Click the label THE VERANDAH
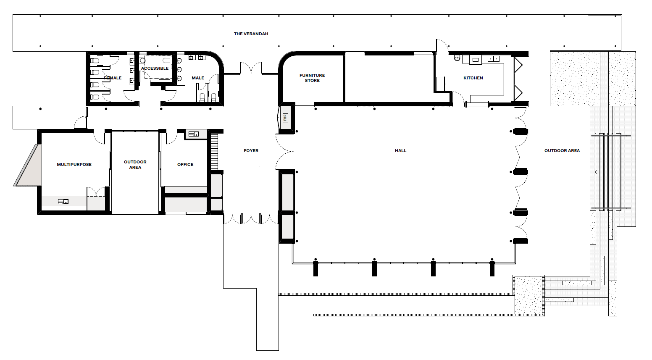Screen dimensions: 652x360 click(251, 34)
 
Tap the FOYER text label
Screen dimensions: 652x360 click(251, 150)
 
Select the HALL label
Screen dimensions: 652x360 click(400, 150)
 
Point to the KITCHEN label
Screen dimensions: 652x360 click(473, 78)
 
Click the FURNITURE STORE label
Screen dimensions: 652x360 click(312, 78)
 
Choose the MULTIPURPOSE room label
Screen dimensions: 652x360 click(74, 164)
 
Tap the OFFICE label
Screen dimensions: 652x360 click(185, 164)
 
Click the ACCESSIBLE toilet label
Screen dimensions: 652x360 click(155, 68)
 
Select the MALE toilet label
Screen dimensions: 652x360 click(198, 78)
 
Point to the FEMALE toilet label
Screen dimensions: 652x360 click(113, 78)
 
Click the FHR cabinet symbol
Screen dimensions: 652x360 click(285, 118)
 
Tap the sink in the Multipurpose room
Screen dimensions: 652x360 click(63, 201)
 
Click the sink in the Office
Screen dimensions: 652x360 click(194, 134)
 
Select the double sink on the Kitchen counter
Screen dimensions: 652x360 click(493, 59)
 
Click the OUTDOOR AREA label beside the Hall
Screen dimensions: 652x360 click(562, 150)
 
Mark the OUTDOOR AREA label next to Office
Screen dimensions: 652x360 click(135, 164)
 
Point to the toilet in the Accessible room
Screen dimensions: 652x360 click(167, 60)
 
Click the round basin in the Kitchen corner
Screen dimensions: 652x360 click(457, 58)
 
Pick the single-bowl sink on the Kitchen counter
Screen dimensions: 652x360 click(475, 60)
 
